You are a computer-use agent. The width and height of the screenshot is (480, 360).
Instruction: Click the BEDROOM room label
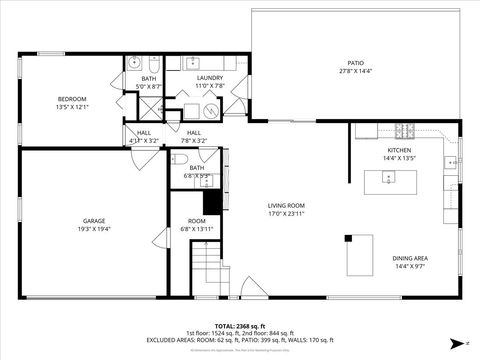tap(72, 99)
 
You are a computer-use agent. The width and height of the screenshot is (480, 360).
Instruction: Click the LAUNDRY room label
tap(210, 77)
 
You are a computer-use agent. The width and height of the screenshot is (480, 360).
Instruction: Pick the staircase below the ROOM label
tap(205, 270)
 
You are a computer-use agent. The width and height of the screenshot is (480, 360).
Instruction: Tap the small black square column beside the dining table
tap(348, 238)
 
